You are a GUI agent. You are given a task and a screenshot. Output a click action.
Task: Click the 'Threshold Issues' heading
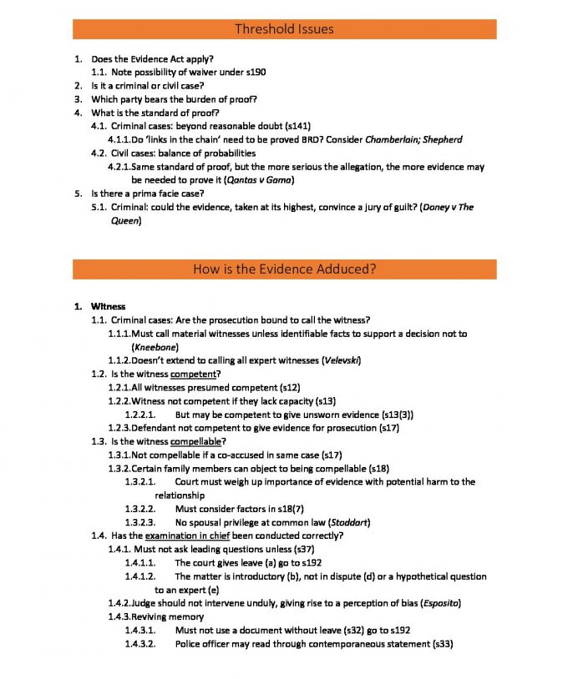pos(284,29)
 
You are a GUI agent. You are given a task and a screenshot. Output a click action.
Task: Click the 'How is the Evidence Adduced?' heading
pos(284,269)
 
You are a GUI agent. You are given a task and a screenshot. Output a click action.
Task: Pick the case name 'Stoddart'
pos(342,522)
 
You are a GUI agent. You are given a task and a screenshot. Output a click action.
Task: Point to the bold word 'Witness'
pos(109,306)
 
